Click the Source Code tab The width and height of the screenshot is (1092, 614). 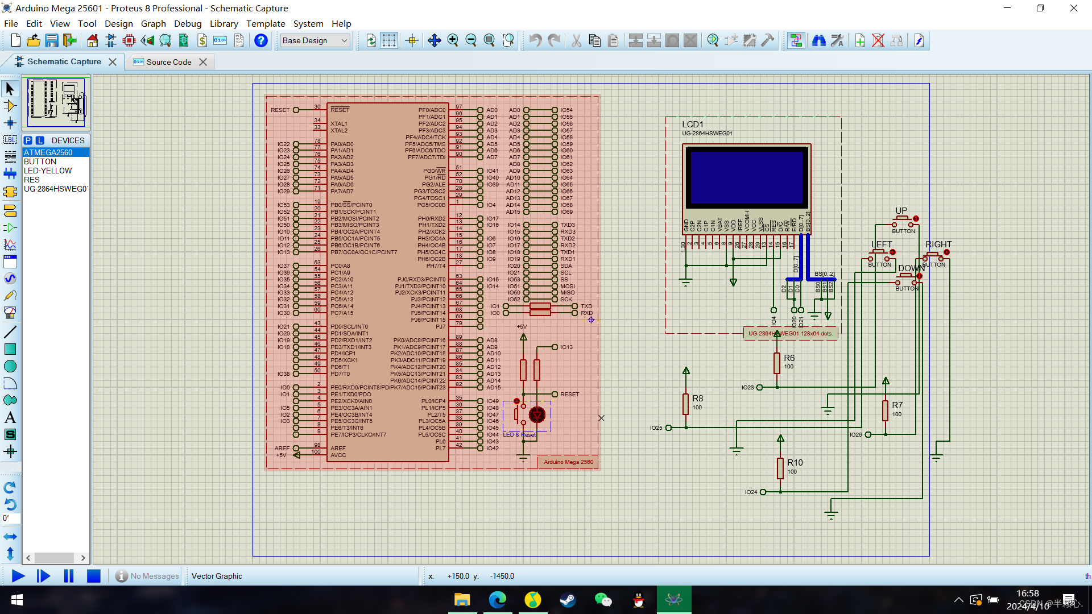[168, 62]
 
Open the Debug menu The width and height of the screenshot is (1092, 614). [188, 23]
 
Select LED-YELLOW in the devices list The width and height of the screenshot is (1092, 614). [48, 171]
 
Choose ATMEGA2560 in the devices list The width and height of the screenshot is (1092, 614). [48, 152]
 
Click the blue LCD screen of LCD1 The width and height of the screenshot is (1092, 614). [747, 177]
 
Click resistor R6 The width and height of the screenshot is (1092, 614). [777, 363]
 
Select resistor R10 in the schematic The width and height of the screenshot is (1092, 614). [780, 467]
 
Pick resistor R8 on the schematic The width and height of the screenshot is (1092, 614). [686, 404]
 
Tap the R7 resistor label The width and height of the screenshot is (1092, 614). [897, 405]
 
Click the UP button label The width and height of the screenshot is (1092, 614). [901, 211]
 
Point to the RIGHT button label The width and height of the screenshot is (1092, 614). [938, 244]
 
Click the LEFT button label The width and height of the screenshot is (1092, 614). [882, 244]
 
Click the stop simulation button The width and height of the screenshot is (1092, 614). [94, 576]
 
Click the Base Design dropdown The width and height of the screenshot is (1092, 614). [315, 40]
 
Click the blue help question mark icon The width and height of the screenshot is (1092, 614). [260, 40]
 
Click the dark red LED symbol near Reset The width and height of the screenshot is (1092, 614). [537, 414]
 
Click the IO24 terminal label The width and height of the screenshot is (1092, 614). [751, 492]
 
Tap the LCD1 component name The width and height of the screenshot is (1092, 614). [692, 125]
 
